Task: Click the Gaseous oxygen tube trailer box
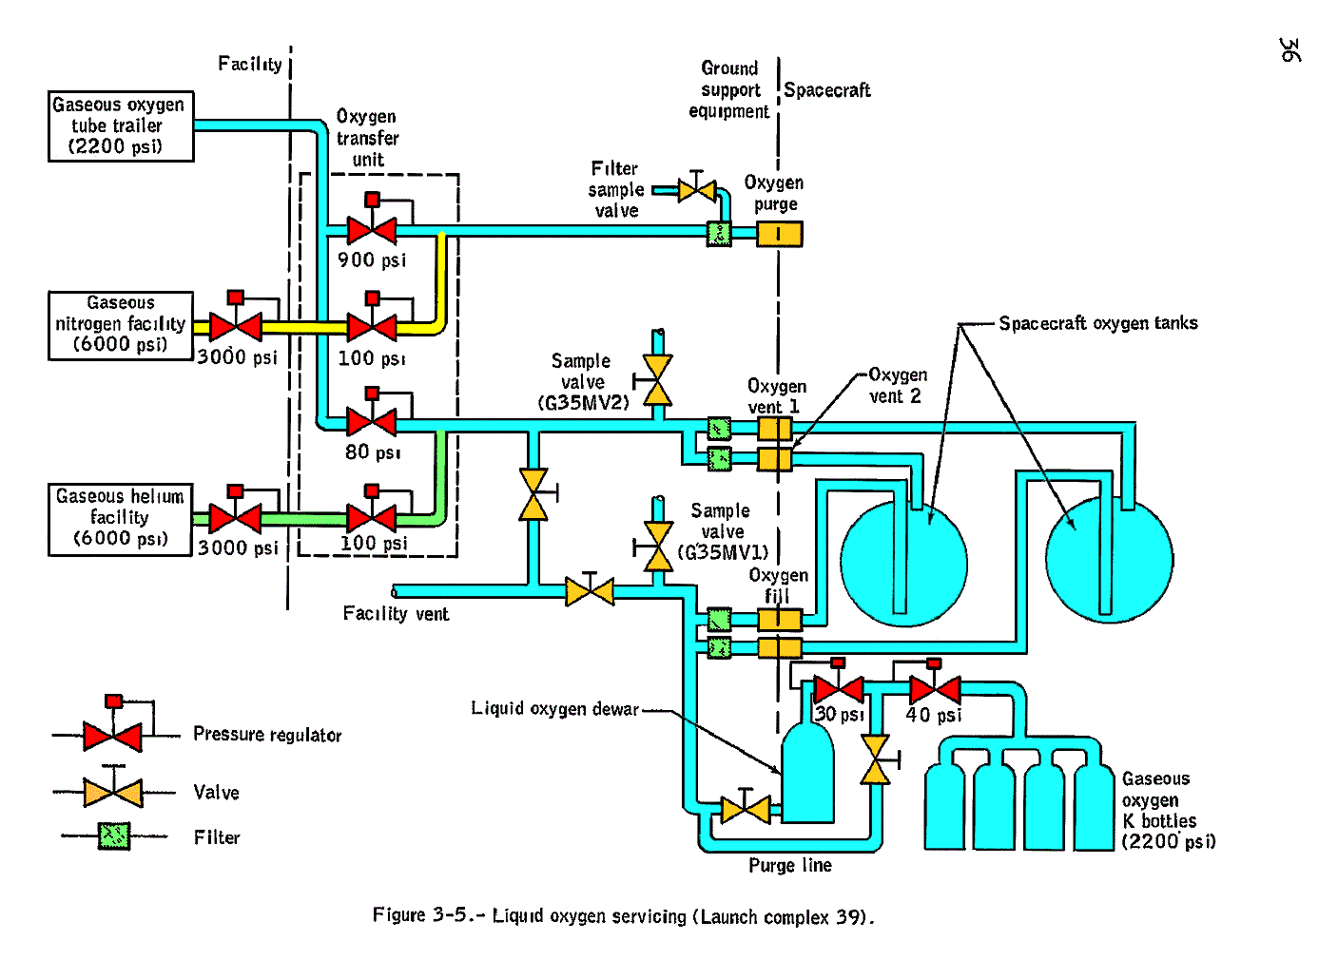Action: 121,126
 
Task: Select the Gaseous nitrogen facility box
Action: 121,325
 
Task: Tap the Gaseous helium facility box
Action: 120,519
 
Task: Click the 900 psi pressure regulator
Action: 372,230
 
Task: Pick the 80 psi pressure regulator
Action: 372,422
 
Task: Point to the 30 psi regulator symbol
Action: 839,688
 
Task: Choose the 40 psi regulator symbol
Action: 935,688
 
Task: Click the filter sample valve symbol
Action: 697,191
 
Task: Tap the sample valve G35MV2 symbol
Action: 657,381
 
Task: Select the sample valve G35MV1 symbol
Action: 657,547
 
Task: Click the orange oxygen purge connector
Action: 779,234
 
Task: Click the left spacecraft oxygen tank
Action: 903,561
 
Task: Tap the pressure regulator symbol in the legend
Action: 113,735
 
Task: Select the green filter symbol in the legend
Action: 114,836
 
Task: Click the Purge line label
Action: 789,866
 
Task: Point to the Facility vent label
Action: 396,614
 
